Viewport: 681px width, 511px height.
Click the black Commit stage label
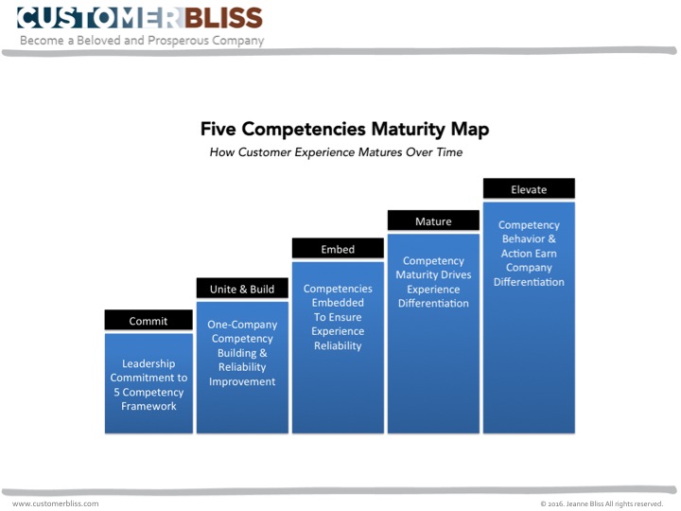148,320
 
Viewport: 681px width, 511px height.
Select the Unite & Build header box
242,288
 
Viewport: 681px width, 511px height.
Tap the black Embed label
338,248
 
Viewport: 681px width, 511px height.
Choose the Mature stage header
433,220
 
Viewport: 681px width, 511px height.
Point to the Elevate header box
529,188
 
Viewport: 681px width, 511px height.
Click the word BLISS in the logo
223,18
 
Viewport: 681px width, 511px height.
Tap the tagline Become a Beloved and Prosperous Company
142,41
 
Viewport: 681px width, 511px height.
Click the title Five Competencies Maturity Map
345,129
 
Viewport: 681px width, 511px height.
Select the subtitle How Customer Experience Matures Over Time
336,152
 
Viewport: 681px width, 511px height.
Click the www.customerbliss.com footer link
56,503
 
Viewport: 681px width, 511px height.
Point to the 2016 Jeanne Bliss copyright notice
602,503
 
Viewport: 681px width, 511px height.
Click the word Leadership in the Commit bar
148,363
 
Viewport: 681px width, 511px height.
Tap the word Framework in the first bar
148,406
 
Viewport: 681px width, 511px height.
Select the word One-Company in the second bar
242,325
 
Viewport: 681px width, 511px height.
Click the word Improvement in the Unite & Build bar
242,381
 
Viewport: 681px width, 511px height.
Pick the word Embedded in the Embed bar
338,303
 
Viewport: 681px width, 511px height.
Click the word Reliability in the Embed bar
338,346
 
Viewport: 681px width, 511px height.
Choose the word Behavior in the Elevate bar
523,238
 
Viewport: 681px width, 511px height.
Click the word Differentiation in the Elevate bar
529,282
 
